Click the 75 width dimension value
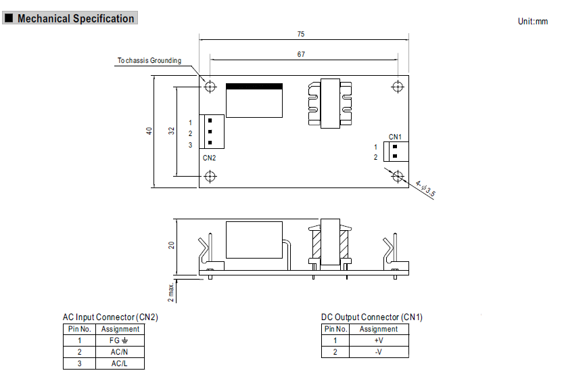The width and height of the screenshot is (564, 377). [301, 34]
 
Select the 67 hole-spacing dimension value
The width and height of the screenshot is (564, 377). [301, 54]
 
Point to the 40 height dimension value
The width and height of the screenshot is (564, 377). [149, 131]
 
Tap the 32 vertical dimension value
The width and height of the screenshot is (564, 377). [171, 131]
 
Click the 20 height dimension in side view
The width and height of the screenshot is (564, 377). [171, 245]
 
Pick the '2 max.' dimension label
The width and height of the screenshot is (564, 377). [171, 292]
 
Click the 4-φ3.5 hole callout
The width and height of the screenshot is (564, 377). [425, 189]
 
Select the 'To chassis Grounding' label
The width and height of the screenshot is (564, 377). [149, 60]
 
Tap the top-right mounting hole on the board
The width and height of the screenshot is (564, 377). [398, 87]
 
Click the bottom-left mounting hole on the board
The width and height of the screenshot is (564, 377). [210, 177]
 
